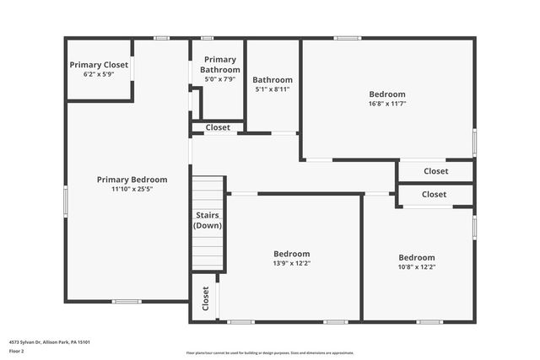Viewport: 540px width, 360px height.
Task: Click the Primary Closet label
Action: [99, 65]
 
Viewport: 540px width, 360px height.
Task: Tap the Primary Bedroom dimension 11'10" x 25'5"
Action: [132, 190]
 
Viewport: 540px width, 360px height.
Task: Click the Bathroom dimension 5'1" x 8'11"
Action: [273, 89]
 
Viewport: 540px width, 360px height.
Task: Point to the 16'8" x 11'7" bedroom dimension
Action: [387, 104]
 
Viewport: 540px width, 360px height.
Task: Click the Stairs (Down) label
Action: [208, 221]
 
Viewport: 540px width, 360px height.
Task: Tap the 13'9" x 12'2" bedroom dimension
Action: [291, 264]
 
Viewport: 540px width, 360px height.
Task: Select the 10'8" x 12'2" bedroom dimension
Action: [417, 267]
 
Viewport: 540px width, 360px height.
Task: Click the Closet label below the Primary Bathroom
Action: [218, 127]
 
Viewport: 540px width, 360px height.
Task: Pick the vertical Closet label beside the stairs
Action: [205, 298]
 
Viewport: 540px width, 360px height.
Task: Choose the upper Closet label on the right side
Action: [435, 171]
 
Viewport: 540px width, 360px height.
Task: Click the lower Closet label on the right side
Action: [434, 195]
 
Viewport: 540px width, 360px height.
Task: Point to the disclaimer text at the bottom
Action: [269, 352]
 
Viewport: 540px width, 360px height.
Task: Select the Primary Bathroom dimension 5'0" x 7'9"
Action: [220, 79]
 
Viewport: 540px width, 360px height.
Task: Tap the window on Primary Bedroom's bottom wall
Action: [127, 302]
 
